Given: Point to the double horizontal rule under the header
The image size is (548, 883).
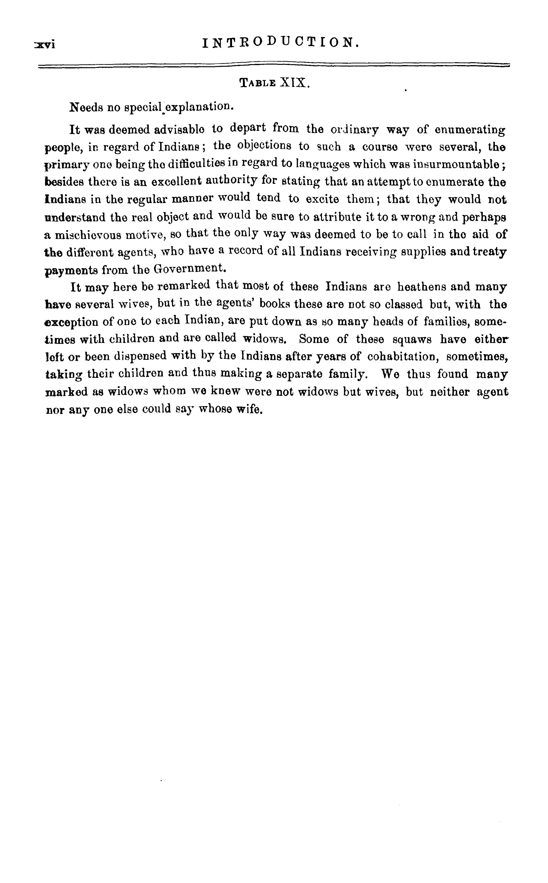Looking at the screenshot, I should [x=274, y=65].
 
